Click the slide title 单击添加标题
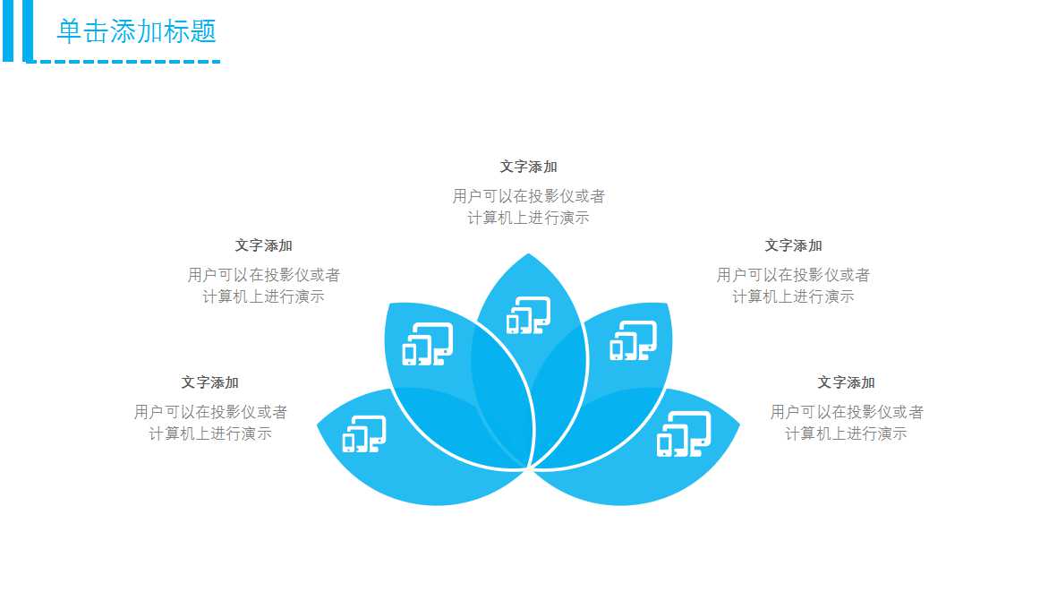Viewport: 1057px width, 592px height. [x=136, y=31]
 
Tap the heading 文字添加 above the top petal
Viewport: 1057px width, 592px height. [x=528, y=167]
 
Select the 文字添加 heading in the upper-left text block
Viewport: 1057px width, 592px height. [x=263, y=245]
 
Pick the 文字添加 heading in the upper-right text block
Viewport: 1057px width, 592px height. [x=793, y=245]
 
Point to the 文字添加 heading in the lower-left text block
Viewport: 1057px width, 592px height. [x=209, y=382]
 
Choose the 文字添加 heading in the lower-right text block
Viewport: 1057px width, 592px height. [x=846, y=382]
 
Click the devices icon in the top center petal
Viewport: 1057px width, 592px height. [x=528, y=314]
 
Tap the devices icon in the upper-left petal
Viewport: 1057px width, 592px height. [x=427, y=344]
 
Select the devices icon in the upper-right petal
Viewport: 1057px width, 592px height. [x=633, y=340]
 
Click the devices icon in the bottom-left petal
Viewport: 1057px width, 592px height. [x=363, y=433]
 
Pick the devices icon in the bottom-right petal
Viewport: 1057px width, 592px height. [x=683, y=433]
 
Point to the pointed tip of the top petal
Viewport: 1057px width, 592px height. [x=529, y=254]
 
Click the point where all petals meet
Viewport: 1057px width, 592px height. [x=529, y=468]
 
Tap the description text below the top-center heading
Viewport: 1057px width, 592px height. [x=528, y=207]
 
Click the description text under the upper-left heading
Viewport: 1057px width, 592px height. [x=263, y=286]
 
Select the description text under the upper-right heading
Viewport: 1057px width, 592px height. [x=793, y=286]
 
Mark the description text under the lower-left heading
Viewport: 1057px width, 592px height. [x=210, y=423]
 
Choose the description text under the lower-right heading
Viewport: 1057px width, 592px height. [x=846, y=423]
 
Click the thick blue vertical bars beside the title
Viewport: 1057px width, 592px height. [x=17, y=30]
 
